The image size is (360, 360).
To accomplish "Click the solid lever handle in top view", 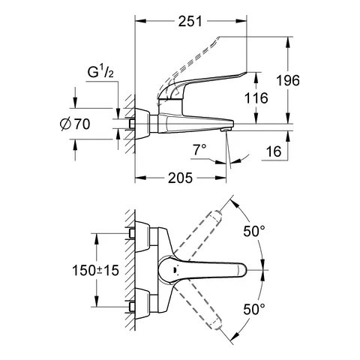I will pyautogui.click(x=217, y=269).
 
